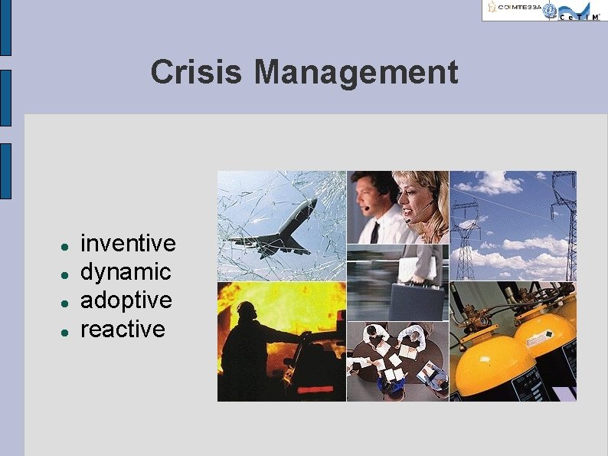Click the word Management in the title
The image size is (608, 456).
point(356,73)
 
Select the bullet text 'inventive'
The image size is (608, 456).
point(128,244)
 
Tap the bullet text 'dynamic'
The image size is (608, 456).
point(126,272)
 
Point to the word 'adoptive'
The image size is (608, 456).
point(126,300)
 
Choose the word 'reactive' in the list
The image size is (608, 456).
point(123,329)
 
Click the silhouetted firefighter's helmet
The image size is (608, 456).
point(246,310)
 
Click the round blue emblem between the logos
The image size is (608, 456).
point(550,9)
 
